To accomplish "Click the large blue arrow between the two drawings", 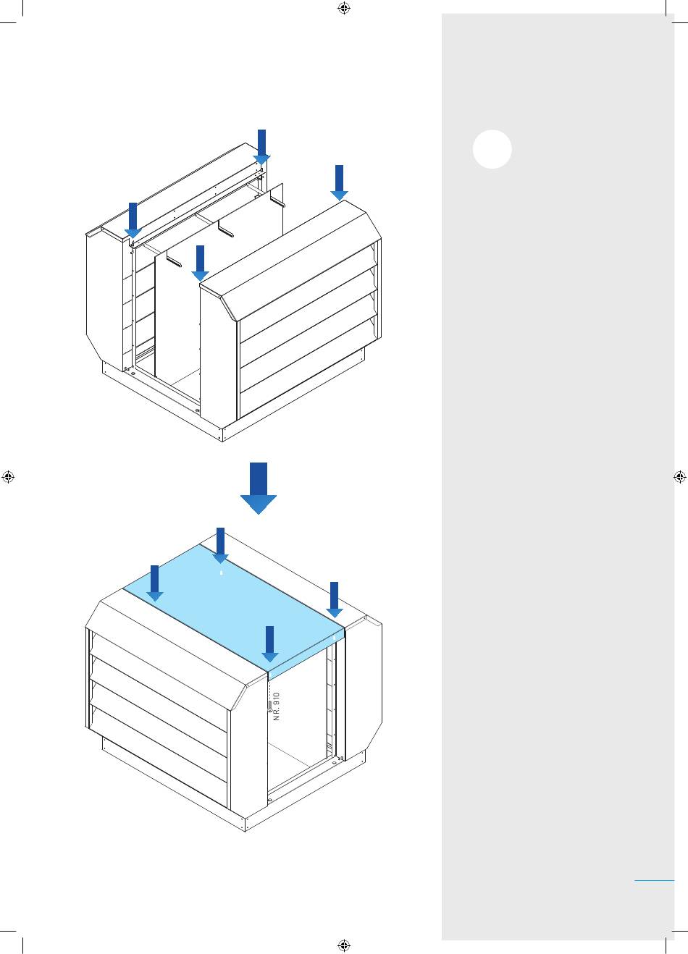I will pyautogui.click(x=259, y=489).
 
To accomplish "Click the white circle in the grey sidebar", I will pyautogui.click(x=492, y=149).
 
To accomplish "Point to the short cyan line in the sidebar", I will pyautogui.click(x=654, y=880).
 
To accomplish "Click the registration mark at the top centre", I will pyautogui.click(x=344, y=9).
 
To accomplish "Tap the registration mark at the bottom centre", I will pyautogui.click(x=344, y=945).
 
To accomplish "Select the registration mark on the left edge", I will pyautogui.click(x=8, y=477).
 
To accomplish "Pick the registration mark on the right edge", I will pyautogui.click(x=679, y=477).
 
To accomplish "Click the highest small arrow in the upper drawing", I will pyautogui.click(x=261, y=147).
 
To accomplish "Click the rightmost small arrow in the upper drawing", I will pyautogui.click(x=339, y=182).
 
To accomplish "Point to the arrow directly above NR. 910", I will pyautogui.click(x=269, y=644).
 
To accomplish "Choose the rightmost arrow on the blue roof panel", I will pyautogui.click(x=334, y=599).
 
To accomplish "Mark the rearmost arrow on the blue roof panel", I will pyautogui.click(x=220, y=546).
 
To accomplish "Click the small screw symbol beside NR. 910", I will pyautogui.click(x=269, y=705).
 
